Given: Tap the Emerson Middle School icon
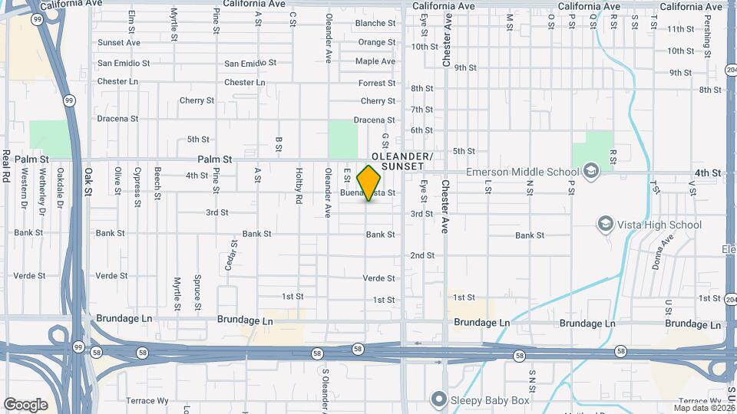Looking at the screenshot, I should (x=590, y=169).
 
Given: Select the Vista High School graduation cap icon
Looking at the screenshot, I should (x=606, y=224).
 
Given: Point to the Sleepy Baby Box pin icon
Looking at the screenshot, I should (x=438, y=399).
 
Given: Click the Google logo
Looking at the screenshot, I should (x=25, y=404).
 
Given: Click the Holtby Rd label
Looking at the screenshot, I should (x=299, y=186).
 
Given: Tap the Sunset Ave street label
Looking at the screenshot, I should (x=118, y=42).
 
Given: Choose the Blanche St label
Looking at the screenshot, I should (x=375, y=23).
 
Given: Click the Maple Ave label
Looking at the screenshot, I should (x=375, y=61).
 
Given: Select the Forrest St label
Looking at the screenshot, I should (x=376, y=83).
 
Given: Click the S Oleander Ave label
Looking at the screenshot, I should (x=326, y=387).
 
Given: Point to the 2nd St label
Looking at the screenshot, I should (x=422, y=255).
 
